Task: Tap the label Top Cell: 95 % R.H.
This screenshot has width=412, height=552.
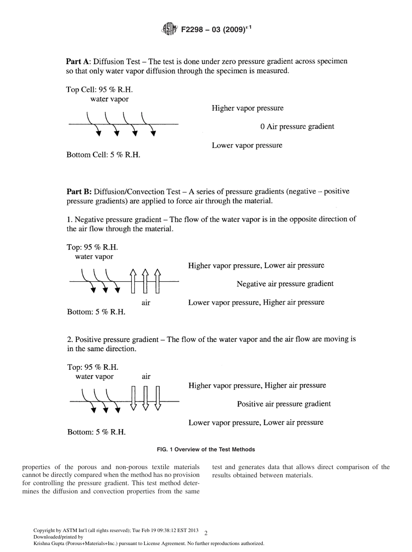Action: point(99,90)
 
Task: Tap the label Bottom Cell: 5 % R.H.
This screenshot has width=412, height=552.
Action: point(103,155)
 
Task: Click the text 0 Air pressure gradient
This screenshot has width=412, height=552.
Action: point(297,127)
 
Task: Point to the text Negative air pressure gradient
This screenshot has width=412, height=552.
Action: point(285,284)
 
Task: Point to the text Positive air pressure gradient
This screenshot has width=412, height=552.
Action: point(284,404)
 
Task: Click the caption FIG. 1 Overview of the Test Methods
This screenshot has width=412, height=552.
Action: point(206,450)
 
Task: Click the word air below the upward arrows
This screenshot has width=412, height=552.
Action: point(146,303)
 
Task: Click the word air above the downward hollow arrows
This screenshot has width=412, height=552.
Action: point(146,377)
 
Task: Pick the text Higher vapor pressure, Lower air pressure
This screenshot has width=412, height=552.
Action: point(256,266)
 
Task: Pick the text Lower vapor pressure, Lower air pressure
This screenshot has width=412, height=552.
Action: point(255,423)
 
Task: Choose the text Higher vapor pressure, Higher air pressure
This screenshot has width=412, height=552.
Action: point(257,386)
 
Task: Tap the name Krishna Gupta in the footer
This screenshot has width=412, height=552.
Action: point(47,543)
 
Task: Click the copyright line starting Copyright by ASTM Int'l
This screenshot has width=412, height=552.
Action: point(116,531)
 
